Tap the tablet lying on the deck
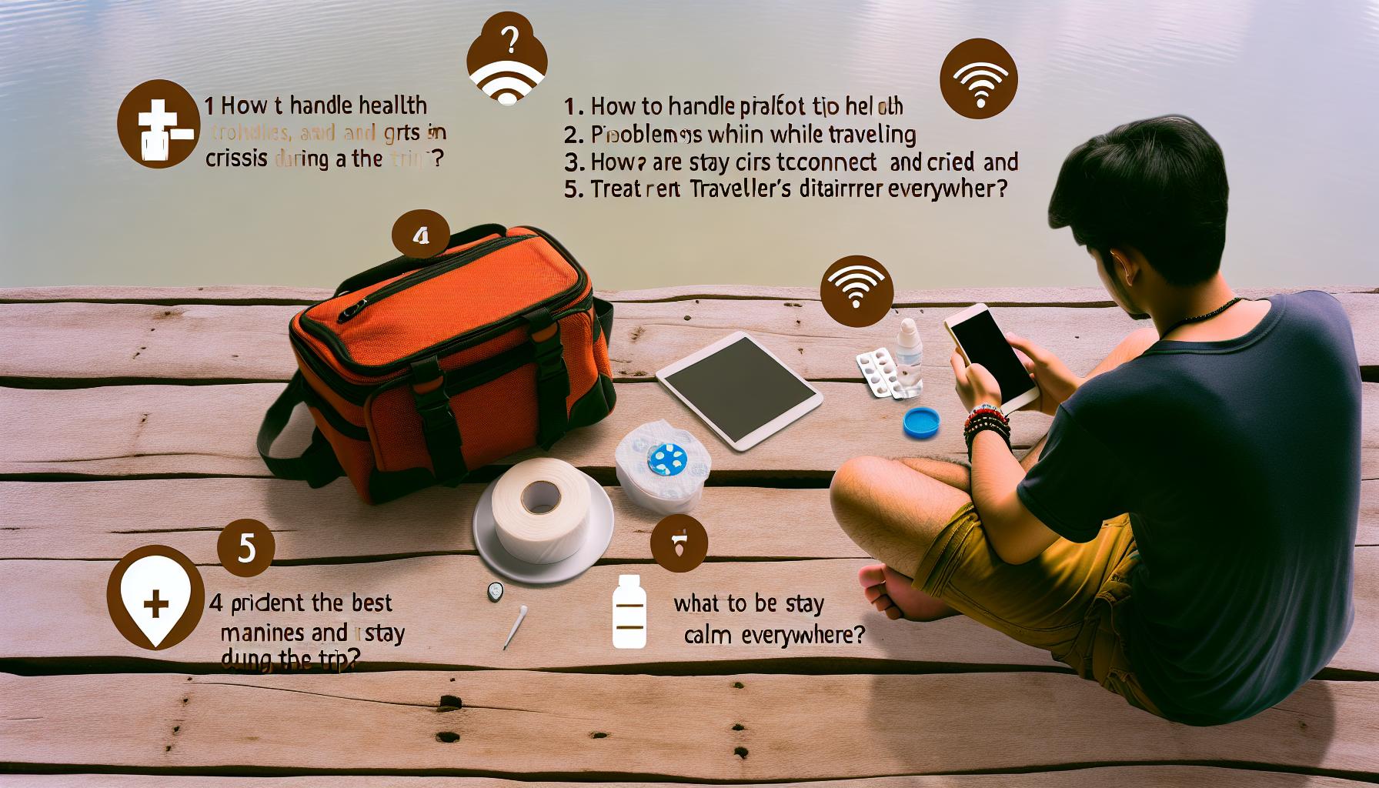(739, 389)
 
